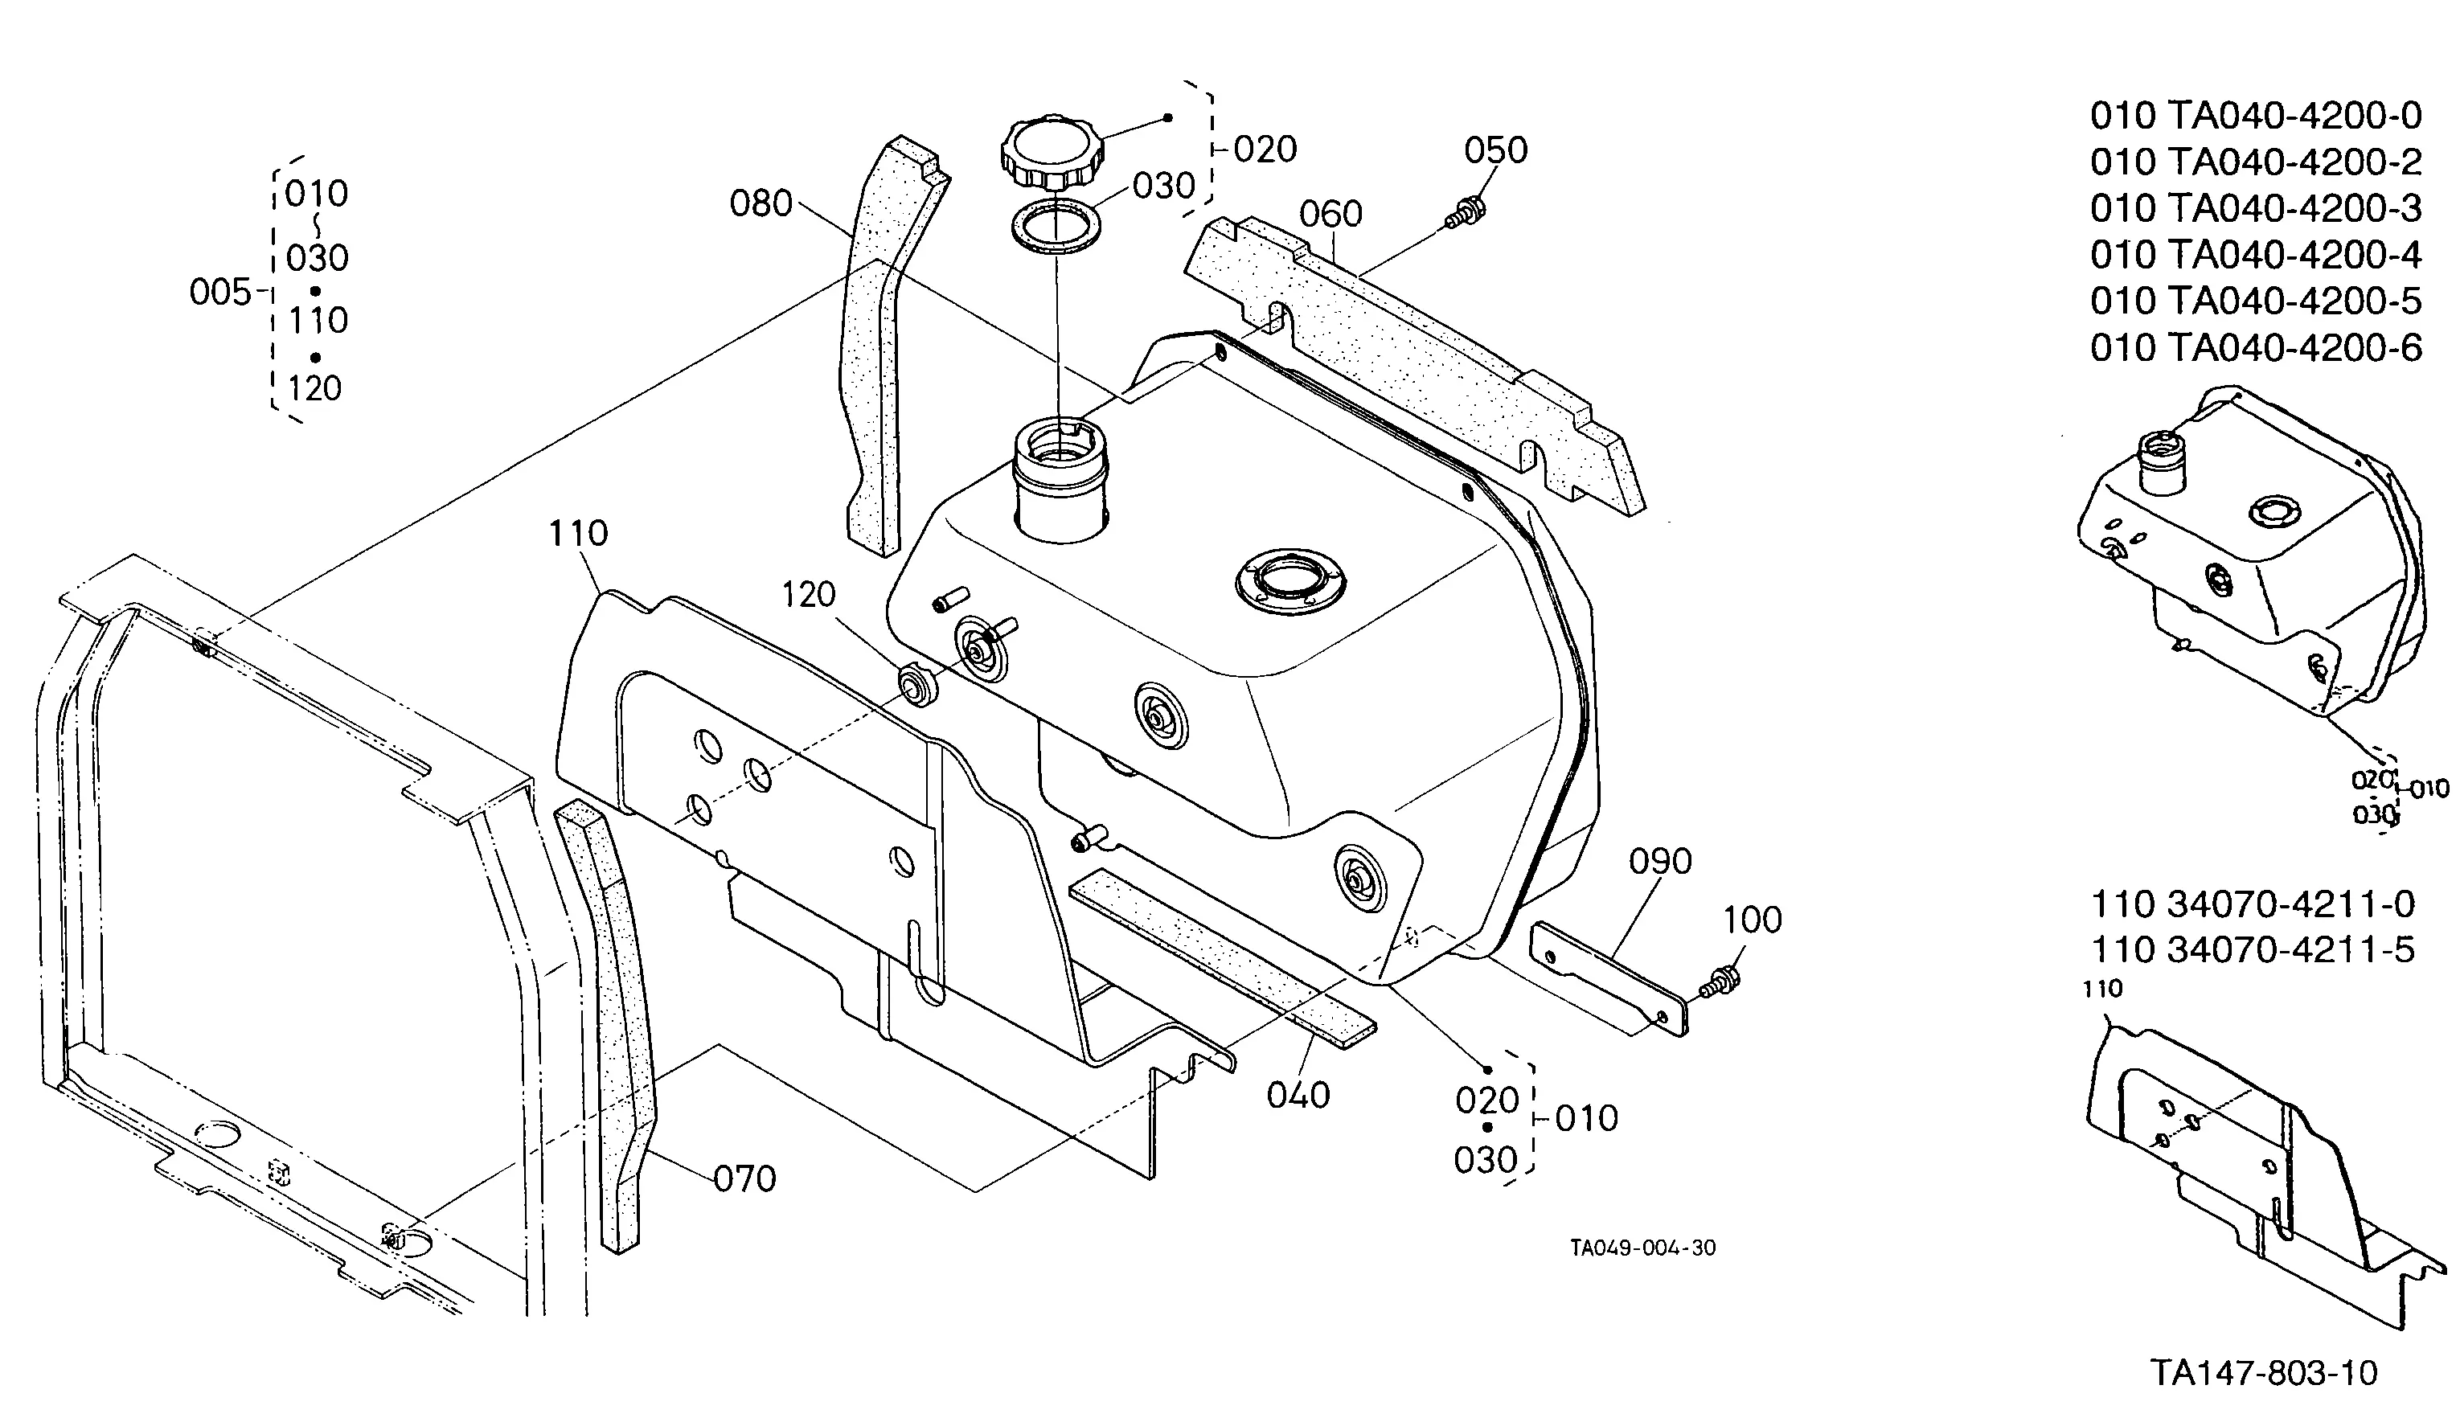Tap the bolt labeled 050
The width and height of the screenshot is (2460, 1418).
tap(1465, 213)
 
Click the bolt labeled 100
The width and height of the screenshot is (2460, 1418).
tap(1721, 982)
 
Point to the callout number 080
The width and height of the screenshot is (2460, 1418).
tap(761, 203)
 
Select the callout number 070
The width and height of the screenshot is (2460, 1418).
tap(745, 1179)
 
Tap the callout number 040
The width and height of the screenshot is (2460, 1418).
tap(1298, 1096)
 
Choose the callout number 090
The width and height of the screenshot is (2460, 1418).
tap(1660, 861)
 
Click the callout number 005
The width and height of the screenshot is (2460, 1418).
tap(221, 292)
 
